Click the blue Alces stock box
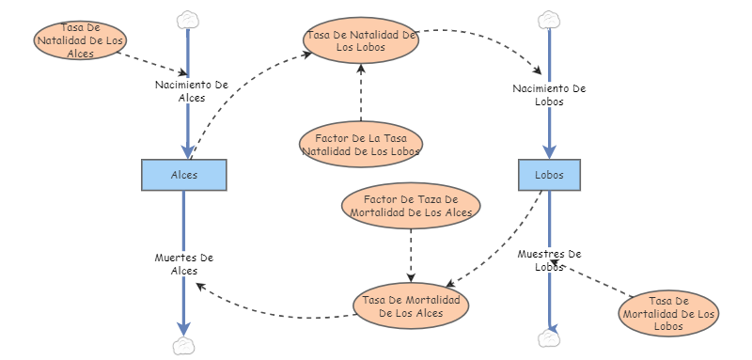[x=184, y=175]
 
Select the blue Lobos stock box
[x=549, y=175]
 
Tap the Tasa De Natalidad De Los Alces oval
[x=80, y=40]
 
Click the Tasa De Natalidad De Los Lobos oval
[x=362, y=41]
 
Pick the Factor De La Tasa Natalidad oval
[x=361, y=144]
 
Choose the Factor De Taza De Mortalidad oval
[x=411, y=205]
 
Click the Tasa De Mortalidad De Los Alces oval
[x=410, y=305]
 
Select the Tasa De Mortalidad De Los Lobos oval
[x=669, y=312]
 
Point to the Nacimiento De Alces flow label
[x=192, y=91]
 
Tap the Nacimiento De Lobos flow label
[x=549, y=95]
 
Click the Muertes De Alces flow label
[x=184, y=264]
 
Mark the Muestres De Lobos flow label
[x=550, y=260]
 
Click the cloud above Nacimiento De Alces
[x=188, y=19]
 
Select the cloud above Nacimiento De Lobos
[x=548, y=19]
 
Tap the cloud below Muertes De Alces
[x=184, y=346]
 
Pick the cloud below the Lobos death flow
[x=548, y=337]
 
